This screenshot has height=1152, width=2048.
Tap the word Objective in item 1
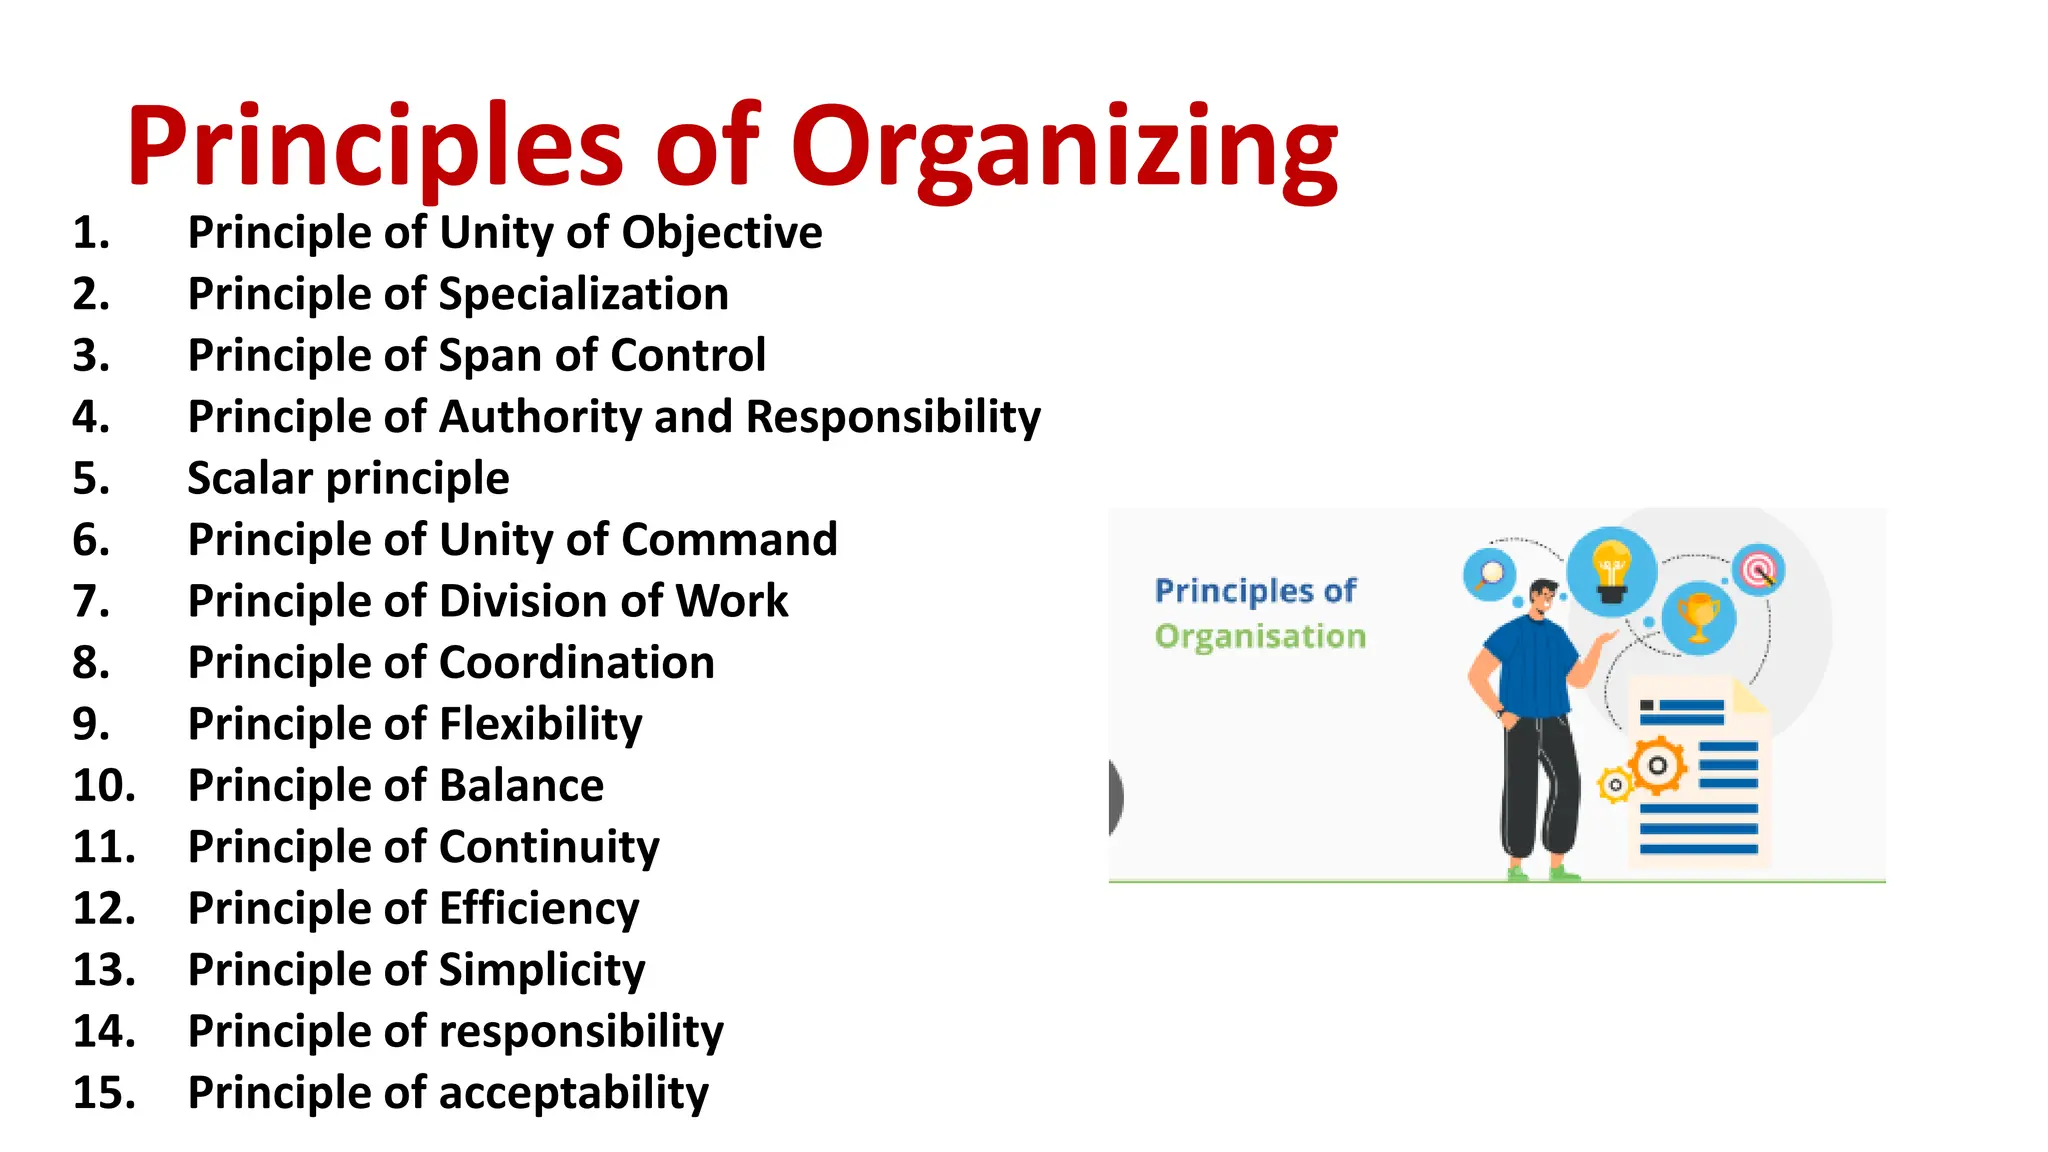pyautogui.click(x=722, y=233)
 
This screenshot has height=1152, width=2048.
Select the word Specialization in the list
pyautogui.click(x=583, y=294)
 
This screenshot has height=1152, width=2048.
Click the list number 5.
pyautogui.click(x=91, y=479)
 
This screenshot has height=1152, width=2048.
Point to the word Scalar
pyautogui.click(x=250, y=479)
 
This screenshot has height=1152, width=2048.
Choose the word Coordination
pyautogui.click(x=577, y=663)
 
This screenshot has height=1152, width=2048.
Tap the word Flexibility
pyautogui.click(x=541, y=725)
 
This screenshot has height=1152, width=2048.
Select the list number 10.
pyautogui.click(x=103, y=786)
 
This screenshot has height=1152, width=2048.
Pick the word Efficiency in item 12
pyautogui.click(x=539, y=909)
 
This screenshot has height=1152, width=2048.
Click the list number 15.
pyautogui.click(x=103, y=1093)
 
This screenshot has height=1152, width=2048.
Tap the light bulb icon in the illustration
pyautogui.click(x=1611, y=571)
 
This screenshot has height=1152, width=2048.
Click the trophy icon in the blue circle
pyautogui.click(x=1698, y=618)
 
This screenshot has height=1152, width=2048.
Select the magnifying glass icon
pyautogui.click(x=1490, y=575)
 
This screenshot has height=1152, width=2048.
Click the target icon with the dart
pyautogui.click(x=1758, y=570)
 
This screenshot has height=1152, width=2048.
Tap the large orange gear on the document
pyautogui.click(x=1658, y=767)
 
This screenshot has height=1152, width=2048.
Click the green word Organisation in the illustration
pyautogui.click(x=1260, y=637)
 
